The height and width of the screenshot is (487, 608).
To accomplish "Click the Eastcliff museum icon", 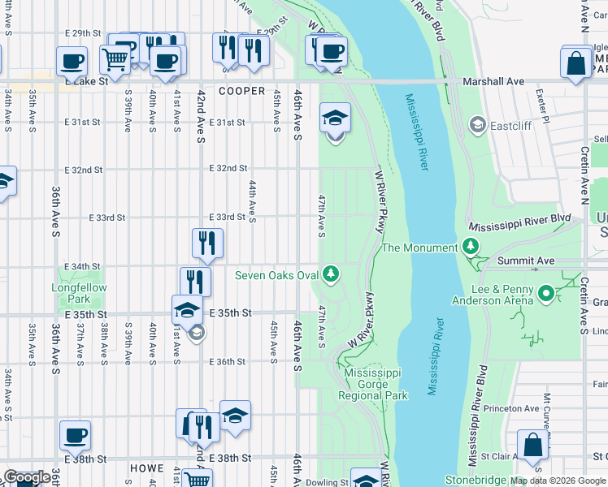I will coord(477,125).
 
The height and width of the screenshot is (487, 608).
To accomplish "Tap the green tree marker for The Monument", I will coord(470,247).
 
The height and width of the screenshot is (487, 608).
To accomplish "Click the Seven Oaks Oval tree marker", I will coord(331,274).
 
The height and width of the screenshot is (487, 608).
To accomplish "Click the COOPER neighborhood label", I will coord(241,92).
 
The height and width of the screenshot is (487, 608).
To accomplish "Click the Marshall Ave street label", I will coord(493,82).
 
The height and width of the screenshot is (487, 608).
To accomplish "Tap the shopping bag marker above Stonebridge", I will coord(533,446).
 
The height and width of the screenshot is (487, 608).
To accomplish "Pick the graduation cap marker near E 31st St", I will coord(335,119).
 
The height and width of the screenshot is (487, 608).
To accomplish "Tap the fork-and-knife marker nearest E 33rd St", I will coord(207,242).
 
